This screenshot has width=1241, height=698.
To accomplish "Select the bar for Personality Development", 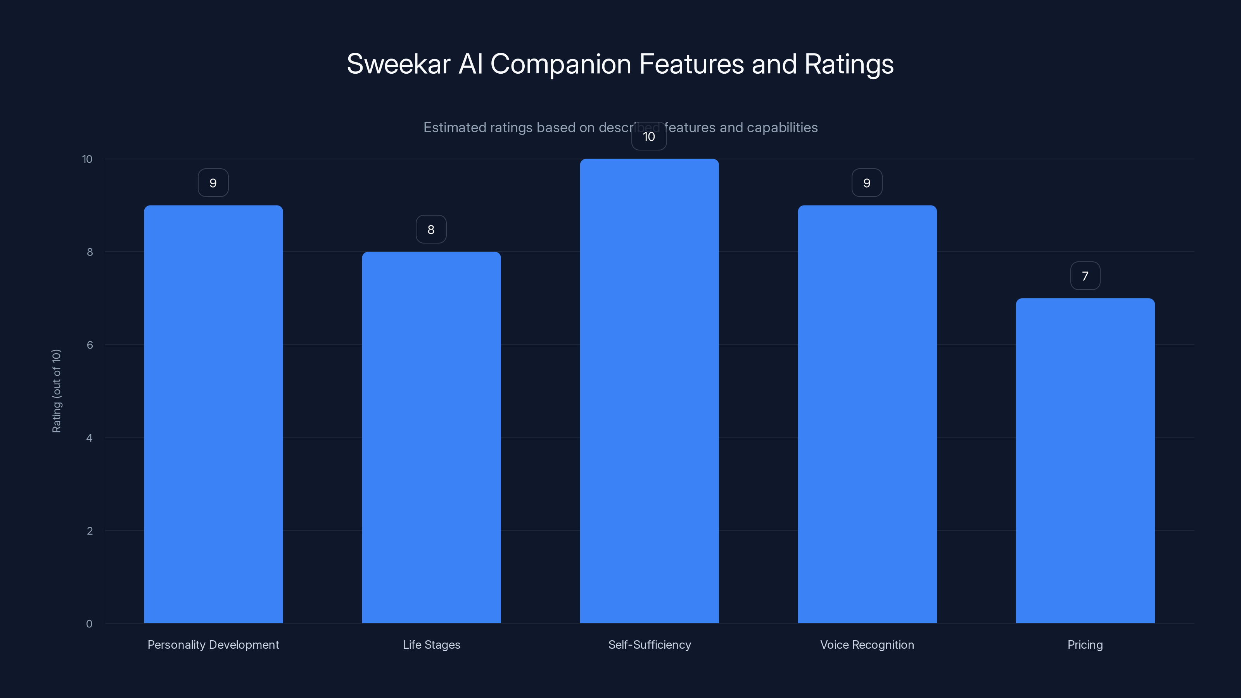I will tap(213, 414).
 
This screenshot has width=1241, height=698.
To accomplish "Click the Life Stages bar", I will tap(431, 437).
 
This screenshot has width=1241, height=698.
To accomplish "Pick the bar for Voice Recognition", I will tap(867, 414).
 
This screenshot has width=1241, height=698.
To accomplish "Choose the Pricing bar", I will tap(1085, 461).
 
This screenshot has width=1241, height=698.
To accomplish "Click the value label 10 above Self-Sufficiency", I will tap(649, 137).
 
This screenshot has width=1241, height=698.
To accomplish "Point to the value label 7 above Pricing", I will tap(1085, 276).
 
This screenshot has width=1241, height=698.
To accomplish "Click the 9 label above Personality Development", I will tap(213, 183).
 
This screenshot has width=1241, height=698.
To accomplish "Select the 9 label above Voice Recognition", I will tap(867, 183).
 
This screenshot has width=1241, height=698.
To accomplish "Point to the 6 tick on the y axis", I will tap(90, 345).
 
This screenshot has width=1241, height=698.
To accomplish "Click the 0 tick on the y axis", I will tap(89, 624).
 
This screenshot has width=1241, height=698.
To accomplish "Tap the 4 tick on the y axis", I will tap(89, 438).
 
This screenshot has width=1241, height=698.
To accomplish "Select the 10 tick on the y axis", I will tap(87, 159).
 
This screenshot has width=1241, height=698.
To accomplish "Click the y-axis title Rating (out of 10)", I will tap(56, 390).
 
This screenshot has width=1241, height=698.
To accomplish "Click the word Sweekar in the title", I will tap(398, 64).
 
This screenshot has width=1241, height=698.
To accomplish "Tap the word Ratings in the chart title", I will tap(849, 64).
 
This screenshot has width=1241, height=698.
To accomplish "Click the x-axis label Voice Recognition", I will tap(867, 644).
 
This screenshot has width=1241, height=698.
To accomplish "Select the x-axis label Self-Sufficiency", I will tap(650, 644).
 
